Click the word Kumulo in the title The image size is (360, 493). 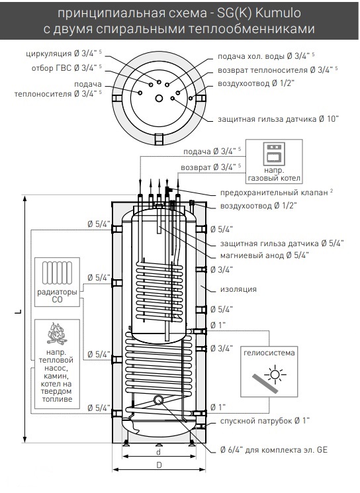278,13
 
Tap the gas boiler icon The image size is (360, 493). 274,154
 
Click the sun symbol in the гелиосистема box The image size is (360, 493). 275,375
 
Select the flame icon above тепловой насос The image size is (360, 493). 57,334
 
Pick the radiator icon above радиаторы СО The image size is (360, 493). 57,273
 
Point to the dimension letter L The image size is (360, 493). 19,312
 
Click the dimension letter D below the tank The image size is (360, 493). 159,465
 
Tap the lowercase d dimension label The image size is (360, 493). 159,452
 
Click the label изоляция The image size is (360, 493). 238,289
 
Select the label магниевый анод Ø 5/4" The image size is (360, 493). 265,255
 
